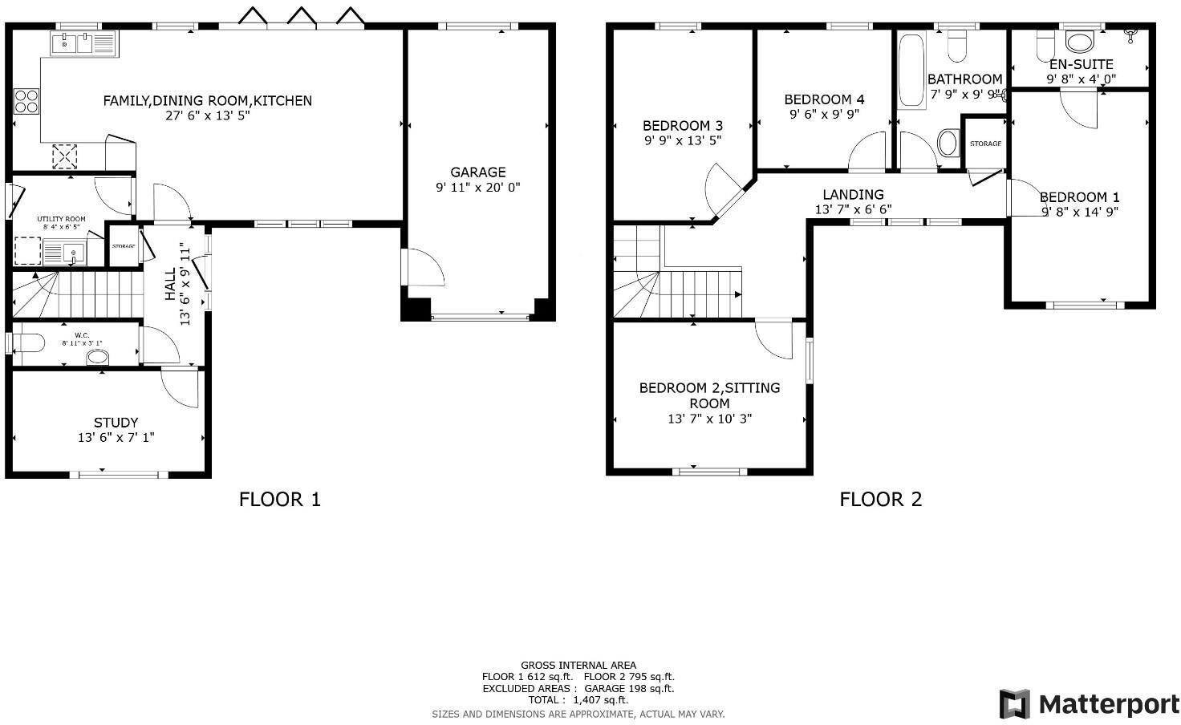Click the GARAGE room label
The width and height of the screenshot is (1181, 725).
477,172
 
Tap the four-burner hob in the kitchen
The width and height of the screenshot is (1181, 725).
26,101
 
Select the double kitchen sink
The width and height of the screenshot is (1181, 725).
83,43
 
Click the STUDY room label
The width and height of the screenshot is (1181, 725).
116,423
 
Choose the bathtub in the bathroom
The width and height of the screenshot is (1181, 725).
911,71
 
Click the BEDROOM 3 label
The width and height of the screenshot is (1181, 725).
682,125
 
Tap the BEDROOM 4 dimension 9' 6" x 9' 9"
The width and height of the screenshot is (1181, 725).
824,114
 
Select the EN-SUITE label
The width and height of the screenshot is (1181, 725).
1081,64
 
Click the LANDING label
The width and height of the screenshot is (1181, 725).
853,194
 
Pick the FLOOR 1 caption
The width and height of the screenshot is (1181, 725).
279,500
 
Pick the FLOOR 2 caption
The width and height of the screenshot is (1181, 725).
880,500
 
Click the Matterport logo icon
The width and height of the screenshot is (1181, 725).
1014,704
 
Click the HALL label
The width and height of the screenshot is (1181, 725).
171,285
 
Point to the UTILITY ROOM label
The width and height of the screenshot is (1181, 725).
61,219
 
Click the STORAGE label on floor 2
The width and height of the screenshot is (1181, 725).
984,144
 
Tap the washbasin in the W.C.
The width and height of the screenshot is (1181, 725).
97,357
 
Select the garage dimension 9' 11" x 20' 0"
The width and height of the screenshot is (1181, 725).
477,188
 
